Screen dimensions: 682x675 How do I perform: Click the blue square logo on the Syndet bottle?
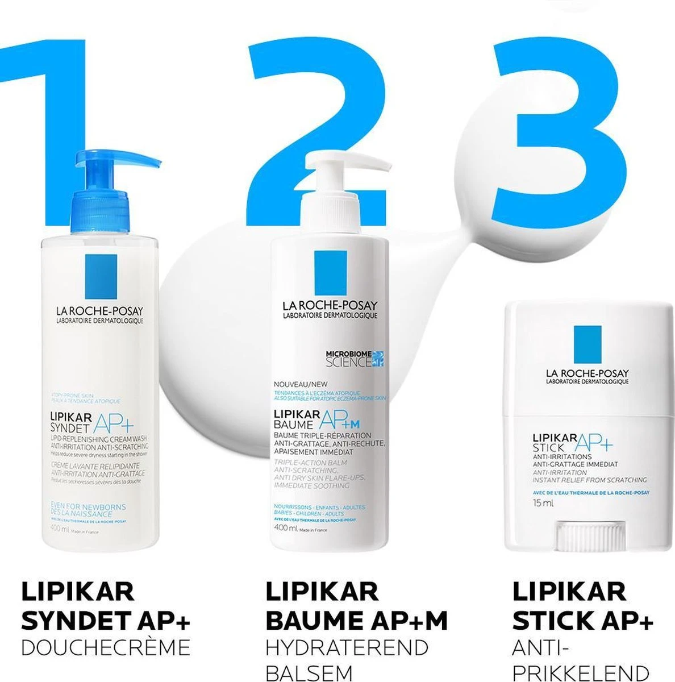click(x=101, y=276)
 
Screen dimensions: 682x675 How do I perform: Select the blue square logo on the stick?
click(x=587, y=344)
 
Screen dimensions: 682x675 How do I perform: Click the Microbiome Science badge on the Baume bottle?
click(x=355, y=358)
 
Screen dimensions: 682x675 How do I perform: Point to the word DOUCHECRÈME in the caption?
click(x=105, y=647)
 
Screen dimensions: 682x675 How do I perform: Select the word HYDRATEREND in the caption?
click(x=347, y=647)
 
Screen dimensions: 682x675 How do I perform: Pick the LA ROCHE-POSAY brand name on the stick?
click(x=587, y=373)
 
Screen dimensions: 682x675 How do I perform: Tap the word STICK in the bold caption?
click(x=555, y=621)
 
